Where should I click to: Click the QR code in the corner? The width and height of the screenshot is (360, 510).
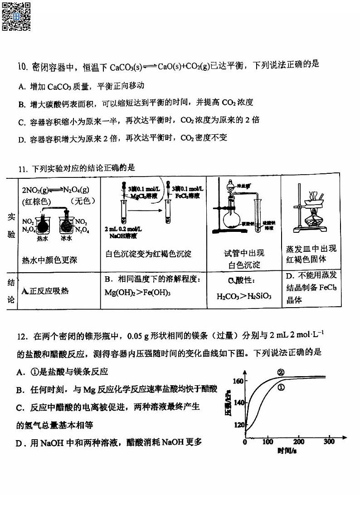16,16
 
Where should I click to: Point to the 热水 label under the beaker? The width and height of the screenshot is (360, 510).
43,238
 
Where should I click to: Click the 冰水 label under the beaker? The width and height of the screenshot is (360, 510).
67,238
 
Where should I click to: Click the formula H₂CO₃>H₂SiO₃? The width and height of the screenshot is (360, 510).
244,296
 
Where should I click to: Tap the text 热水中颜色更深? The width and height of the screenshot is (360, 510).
50,260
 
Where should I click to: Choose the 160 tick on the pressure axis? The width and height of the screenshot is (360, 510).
238,381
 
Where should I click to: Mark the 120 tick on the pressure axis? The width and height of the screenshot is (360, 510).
238,425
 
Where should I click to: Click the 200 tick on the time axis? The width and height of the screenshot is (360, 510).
298,441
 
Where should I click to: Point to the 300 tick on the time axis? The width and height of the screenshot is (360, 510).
329,441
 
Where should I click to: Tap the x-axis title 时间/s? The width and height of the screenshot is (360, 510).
287,451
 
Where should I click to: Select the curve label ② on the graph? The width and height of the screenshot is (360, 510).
281,372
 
